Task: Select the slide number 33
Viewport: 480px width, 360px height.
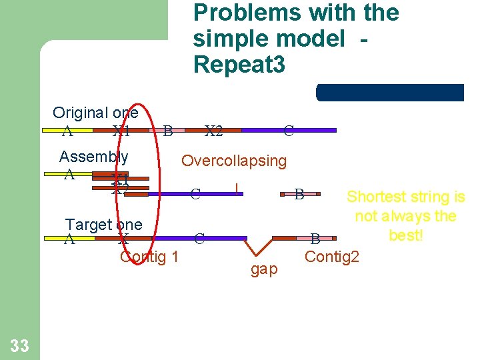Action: (19, 345)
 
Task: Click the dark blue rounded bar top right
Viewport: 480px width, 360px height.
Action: (390, 93)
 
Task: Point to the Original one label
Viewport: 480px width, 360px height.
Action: (95, 113)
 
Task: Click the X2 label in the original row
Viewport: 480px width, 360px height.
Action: (213, 131)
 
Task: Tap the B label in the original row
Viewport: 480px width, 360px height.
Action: (168, 131)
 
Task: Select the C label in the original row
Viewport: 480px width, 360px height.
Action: (289, 131)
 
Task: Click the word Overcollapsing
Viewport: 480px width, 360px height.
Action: (234, 161)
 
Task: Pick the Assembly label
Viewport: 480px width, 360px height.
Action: (93, 157)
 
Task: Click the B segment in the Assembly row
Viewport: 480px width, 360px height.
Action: (299, 194)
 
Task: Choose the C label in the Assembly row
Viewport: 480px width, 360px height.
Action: (195, 195)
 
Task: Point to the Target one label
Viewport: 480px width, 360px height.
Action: (103, 225)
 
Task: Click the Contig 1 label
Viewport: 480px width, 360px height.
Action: (149, 256)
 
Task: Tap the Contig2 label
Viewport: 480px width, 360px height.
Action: (331, 256)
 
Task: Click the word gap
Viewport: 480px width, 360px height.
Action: (264, 269)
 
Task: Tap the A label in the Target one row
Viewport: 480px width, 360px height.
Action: (69, 239)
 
